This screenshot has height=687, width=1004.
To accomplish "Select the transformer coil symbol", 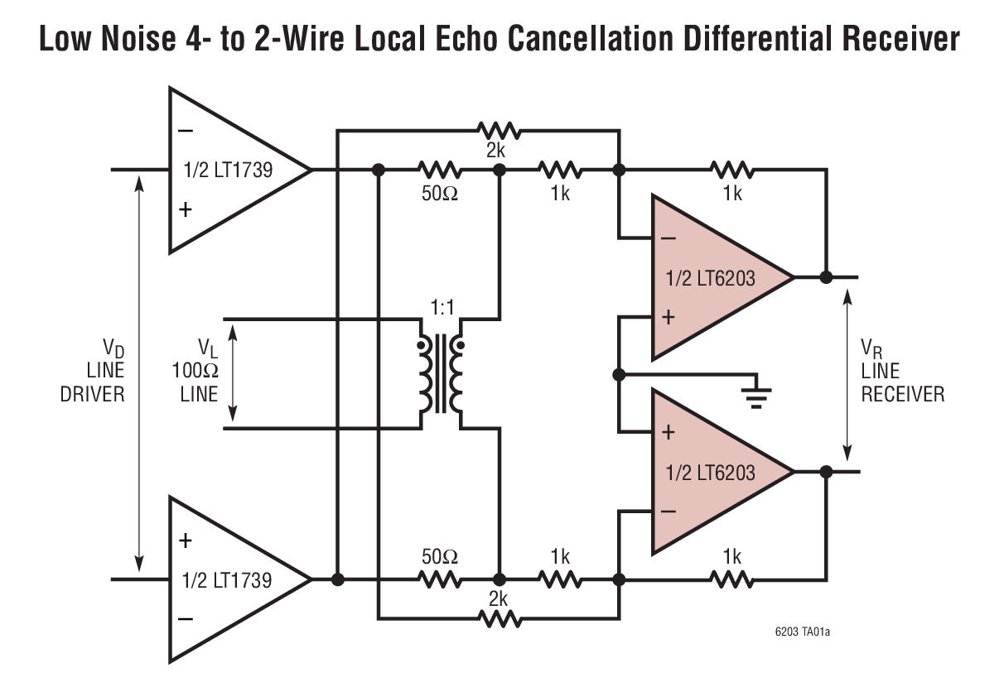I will click(x=441, y=374).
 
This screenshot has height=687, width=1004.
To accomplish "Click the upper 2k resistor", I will click(x=499, y=130).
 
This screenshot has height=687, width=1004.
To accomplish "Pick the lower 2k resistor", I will click(x=499, y=617).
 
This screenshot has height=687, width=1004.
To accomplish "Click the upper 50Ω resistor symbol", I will click(x=440, y=171).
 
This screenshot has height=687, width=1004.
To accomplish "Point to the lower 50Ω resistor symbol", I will click(x=440, y=579).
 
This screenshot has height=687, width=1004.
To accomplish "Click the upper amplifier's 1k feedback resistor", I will click(x=731, y=171).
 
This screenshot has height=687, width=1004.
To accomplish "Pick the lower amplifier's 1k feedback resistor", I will click(x=731, y=579).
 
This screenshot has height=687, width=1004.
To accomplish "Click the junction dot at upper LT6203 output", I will click(x=826, y=277).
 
